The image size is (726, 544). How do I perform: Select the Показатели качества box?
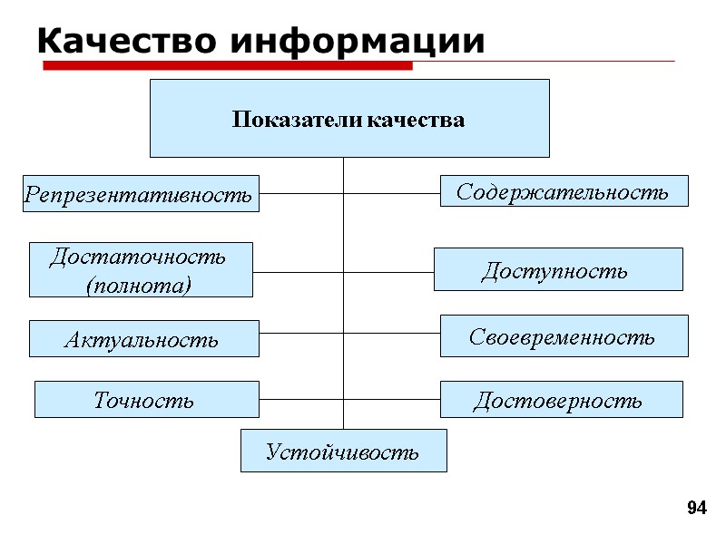pos(349,118)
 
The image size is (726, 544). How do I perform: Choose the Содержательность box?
pos(564,191)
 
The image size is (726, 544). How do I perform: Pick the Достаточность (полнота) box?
pos(141,270)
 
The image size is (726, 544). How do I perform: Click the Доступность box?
pos(558,269)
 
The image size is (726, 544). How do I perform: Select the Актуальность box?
pos(144,339)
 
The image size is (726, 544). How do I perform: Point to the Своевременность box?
pos(564,336)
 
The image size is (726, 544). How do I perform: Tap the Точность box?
pos(146,400)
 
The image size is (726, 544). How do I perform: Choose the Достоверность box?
pos(561,400)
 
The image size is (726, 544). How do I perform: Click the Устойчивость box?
pos(343,451)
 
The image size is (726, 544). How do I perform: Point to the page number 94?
pos(696,508)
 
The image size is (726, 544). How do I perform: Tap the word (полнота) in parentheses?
pos(139,286)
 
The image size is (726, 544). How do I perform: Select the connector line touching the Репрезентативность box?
pos(299,193)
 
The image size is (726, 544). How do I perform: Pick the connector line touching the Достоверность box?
pos(392,399)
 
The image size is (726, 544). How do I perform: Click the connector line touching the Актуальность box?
pos(301,333)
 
